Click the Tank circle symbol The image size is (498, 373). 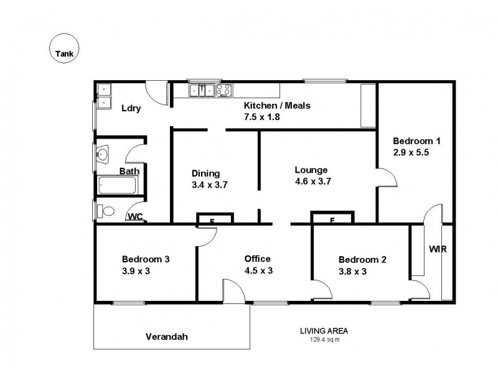pos(63,47)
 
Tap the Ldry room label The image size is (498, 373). pos(131,108)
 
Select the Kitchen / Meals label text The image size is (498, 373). pos(276,105)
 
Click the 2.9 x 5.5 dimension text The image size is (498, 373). pos(411,151)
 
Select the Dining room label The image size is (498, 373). pos(205,173)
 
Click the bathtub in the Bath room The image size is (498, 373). pos(118,185)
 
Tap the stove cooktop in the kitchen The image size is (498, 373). pos(223,91)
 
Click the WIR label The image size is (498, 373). pos(438,249)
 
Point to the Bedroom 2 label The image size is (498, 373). pos(362,259)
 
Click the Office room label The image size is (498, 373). pos(257,259)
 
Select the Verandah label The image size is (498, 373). pos(166,337)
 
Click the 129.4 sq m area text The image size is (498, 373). pos(324,339)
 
